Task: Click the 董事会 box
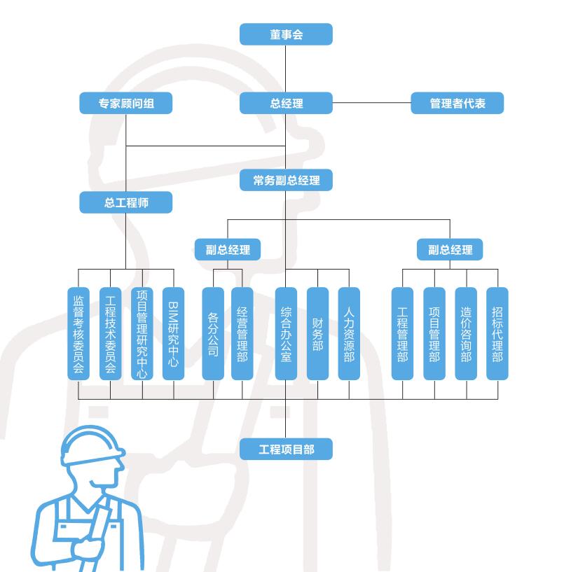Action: tap(286, 34)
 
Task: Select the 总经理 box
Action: tap(286, 104)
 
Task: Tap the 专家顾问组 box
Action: tap(126, 104)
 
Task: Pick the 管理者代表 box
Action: tap(457, 104)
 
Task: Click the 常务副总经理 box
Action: tap(286, 181)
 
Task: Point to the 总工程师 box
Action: tap(126, 203)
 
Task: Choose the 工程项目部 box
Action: tap(286, 449)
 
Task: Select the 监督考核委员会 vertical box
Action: tap(78, 334)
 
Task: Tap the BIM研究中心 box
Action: tap(174, 334)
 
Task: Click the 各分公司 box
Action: tap(213, 334)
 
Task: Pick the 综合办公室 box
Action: tap(286, 334)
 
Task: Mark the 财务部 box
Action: tap(317, 334)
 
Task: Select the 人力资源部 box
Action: tap(349, 334)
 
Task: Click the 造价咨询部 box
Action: tap(466, 334)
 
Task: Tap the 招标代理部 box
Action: tap(497, 334)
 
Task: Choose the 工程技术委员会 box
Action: tap(110, 334)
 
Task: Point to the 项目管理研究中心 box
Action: tap(142, 334)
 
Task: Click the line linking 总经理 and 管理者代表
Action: tap(371, 104)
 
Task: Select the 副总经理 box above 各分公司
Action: tap(228, 249)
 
